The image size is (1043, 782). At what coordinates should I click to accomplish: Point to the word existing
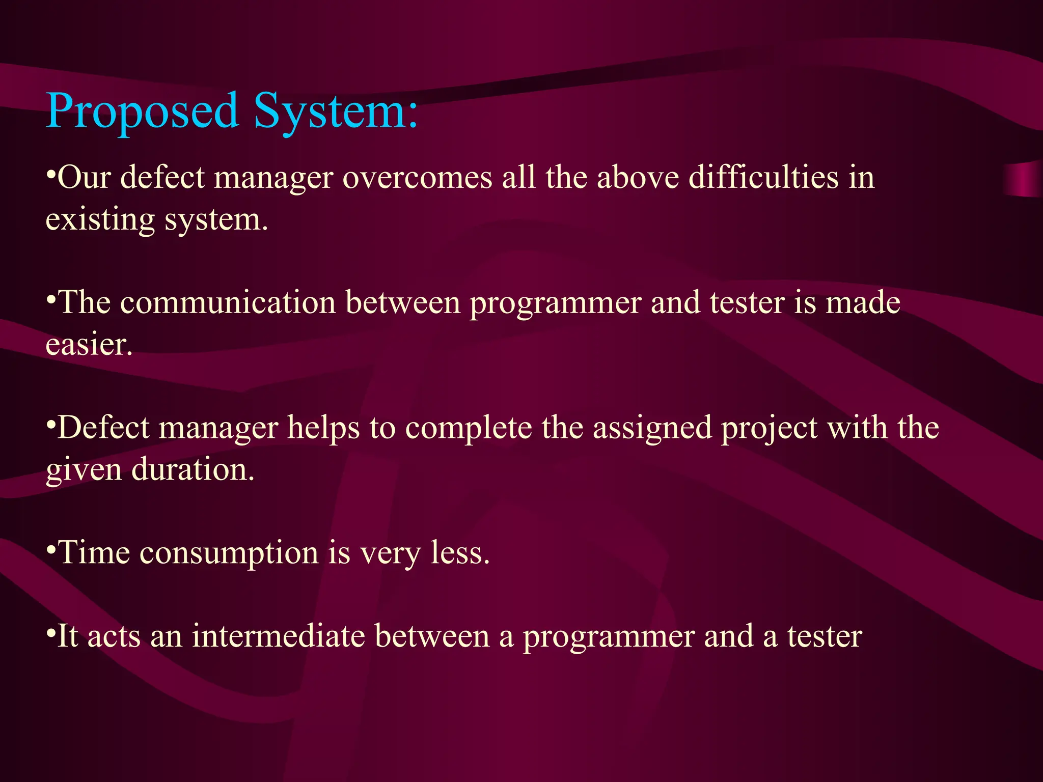click(100, 220)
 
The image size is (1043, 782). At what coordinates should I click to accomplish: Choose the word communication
click(228, 302)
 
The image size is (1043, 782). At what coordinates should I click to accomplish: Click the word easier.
click(89, 345)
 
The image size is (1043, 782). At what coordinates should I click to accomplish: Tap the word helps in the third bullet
click(323, 428)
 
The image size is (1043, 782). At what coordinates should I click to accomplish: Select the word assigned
click(652, 428)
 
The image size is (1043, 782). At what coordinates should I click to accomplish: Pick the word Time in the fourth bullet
click(95, 552)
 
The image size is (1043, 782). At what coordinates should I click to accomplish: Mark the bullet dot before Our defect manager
click(50, 174)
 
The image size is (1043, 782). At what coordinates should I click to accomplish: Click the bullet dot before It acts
click(50, 633)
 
